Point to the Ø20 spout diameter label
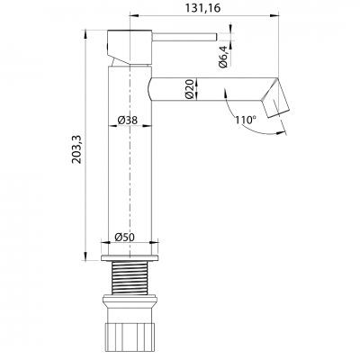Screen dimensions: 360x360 tap(191, 88)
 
